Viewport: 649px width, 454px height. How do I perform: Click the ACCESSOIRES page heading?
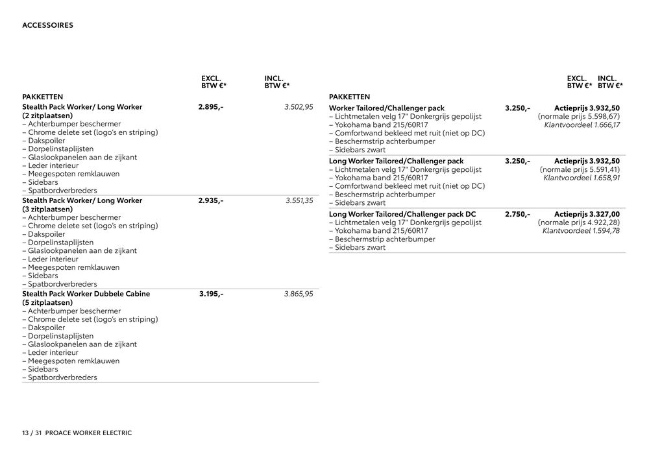coord(47,26)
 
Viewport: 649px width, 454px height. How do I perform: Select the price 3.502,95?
coord(299,107)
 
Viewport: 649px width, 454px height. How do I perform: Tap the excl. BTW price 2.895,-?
coord(211,107)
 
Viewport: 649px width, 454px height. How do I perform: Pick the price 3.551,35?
coord(299,201)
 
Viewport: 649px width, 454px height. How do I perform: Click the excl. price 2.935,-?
coord(211,201)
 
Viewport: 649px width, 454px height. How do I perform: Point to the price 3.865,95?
coord(299,294)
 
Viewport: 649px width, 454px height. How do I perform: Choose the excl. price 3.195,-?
coord(212,294)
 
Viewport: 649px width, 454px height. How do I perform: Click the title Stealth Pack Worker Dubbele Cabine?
coord(86,294)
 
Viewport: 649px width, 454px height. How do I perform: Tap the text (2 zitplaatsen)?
coord(47,115)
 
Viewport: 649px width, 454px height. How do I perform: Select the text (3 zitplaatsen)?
coord(47,209)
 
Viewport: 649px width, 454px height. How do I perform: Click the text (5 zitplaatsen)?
coord(47,303)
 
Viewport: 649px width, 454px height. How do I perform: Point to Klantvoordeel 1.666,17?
coord(582,125)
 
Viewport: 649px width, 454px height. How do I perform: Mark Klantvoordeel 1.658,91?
coord(582,178)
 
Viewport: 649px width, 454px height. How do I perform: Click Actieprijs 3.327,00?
coord(587,214)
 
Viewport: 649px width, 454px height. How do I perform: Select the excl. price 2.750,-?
coord(517,214)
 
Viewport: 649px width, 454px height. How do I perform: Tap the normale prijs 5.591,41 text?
coord(579,169)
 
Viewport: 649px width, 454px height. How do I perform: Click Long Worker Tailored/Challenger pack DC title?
coord(402,214)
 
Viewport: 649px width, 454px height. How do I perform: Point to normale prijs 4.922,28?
coord(579,222)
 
